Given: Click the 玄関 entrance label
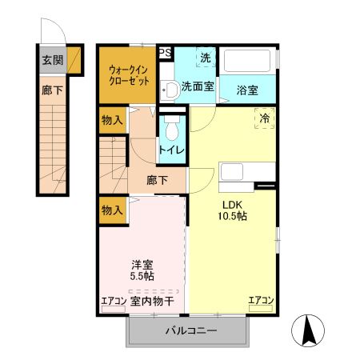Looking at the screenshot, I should [53, 59].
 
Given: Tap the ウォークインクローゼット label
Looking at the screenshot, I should [127, 74].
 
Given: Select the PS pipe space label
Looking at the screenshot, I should [165, 54].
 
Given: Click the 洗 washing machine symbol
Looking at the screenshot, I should [206, 58].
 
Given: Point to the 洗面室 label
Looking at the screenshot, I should [197, 86].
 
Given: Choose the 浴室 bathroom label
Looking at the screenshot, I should [248, 90].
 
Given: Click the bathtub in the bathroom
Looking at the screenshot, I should [248, 62].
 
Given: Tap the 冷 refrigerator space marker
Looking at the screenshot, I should [265, 118].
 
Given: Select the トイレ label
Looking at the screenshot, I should [171, 150].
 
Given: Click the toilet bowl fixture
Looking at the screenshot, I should [171, 128].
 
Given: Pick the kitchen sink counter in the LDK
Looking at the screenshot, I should [236, 173].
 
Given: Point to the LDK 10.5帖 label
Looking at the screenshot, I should [231, 210].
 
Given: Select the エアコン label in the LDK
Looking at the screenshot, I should [261, 301].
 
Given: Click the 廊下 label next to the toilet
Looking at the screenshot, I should [157, 180].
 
